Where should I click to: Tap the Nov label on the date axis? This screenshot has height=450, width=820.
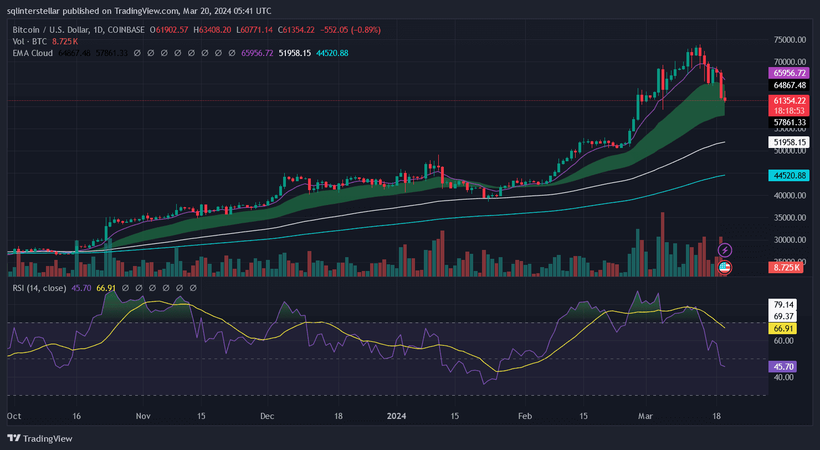tap(143, 416)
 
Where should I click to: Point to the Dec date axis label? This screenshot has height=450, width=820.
tap(268, 416)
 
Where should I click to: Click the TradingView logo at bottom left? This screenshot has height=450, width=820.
tap(40, 438)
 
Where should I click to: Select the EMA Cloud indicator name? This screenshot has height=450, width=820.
tap(33, 53)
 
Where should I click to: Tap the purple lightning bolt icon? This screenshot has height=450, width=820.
tap(725, 250)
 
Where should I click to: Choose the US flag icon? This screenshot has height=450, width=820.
tap(725, 268)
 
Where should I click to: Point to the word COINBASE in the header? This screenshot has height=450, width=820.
tap(127, 30)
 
